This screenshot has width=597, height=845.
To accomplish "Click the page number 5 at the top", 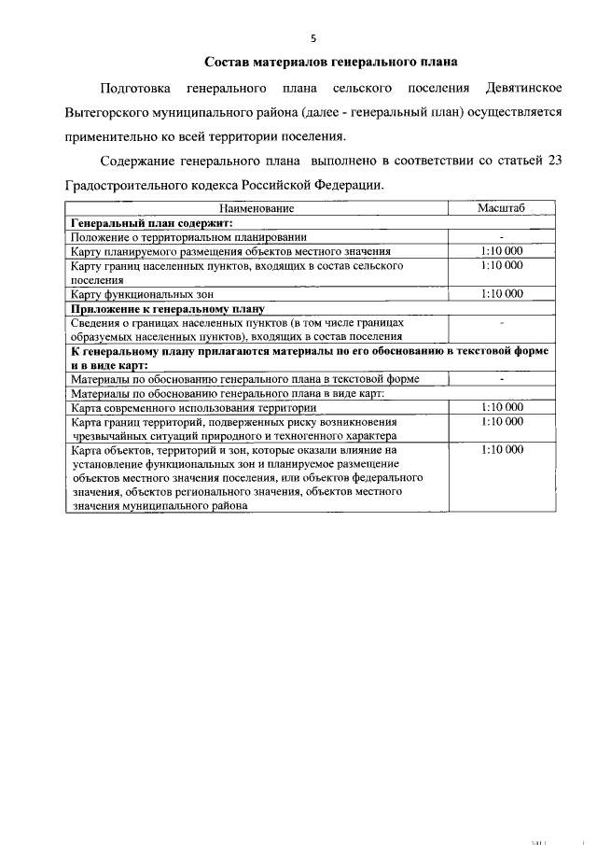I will [314, 38].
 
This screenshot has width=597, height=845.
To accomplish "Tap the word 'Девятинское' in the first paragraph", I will [523, 88].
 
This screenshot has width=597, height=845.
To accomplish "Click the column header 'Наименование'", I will [257, 209].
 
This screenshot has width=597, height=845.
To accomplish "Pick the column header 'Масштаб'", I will [502, 209].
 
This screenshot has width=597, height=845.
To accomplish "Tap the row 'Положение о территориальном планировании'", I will [189, 238].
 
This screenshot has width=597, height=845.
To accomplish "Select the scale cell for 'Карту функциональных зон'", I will [502, 293].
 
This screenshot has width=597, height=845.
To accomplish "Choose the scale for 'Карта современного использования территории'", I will [502, 407].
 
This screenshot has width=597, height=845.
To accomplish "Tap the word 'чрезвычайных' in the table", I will [112, 435].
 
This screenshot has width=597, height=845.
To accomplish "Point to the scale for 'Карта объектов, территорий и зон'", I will [502, 450].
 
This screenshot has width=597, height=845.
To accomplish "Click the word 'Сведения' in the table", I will [98, 322].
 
